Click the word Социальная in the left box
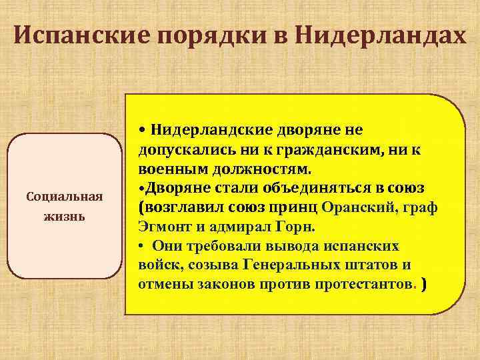tap(63, 197)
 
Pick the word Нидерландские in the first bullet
tap(207, 129)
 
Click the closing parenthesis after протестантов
tap(425, 284)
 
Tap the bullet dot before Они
tap(142, 245)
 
